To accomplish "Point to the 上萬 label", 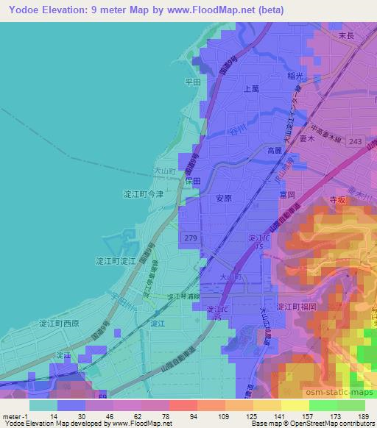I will coord(250,88).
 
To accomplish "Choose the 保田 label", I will coord(193,179).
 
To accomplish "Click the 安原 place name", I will coord(224,198).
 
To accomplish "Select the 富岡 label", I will coord(287,195).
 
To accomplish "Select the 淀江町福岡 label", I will coord(295,307).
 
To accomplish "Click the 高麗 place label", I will coord(274,150).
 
